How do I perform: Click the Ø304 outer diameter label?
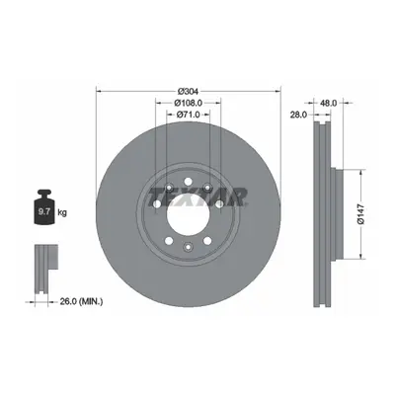click(x=189, y=91)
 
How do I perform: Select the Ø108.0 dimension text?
click(x=188, y=103)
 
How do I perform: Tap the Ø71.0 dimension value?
click(x=188, y=115)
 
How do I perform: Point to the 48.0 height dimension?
click(x=329, y=103)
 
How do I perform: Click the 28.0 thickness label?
click(x=298, y=115)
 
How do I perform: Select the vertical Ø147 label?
click(x=361, y=214)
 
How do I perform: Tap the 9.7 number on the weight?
click(x=44, y=211)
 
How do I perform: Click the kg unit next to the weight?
click(x=62, y=212)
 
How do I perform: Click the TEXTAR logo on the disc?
click(x=197, y=197)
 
